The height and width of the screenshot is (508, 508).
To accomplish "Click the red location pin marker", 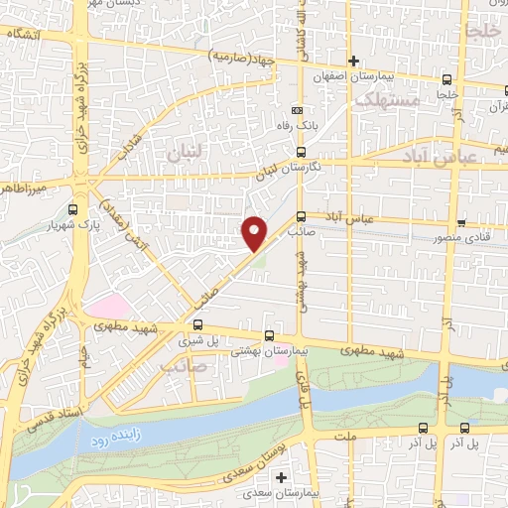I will [255, 231].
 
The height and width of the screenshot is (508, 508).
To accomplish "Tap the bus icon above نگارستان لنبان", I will [301, 152].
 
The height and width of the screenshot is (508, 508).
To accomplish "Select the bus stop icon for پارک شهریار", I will [72, 209].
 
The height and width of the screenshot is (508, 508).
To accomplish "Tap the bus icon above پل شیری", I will [198, 323].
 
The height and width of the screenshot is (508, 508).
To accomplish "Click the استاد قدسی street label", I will [51, 409].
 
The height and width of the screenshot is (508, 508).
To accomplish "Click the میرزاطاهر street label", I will [25, 187].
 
